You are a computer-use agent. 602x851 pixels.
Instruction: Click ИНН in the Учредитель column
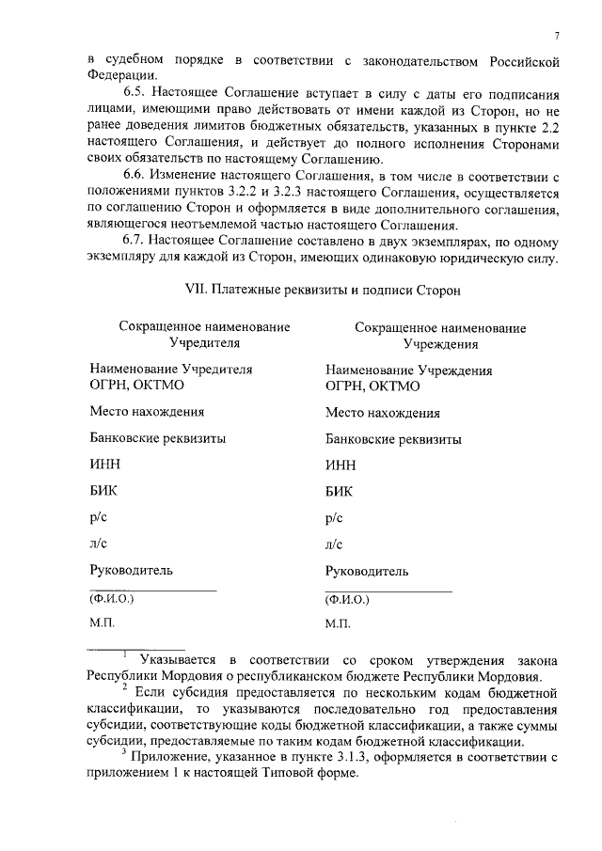click(105, 464)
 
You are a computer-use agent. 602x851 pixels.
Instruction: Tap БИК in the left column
click(103, 490)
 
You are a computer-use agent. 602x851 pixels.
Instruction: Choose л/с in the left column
click(98, 544)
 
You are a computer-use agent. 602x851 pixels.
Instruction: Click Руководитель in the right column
click(367, 570)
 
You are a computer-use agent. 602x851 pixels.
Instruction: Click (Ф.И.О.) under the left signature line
click(112, 598)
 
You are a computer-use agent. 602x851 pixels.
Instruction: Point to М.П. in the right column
click(338, 623)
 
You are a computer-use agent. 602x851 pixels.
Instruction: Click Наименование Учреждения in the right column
click(408, 370)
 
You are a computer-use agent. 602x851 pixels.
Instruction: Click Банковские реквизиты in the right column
click(393, 438)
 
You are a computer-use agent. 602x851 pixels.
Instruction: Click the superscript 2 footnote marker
click(124, 686)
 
